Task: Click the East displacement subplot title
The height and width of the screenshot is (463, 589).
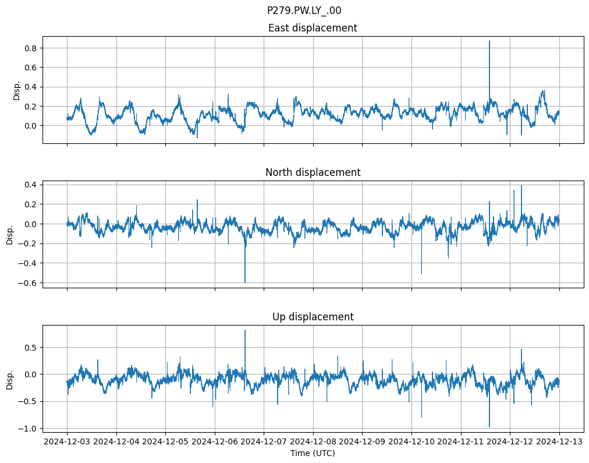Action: coord(313,28)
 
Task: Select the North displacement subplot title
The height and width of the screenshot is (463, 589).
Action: coord(313,172)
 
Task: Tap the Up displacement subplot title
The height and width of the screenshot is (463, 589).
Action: coord(313,317)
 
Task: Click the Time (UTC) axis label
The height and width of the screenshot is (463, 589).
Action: coord(313,453)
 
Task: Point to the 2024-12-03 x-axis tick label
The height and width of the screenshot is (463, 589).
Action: coord(67,442)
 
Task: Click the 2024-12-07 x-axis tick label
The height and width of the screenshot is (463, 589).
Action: coord(264,442)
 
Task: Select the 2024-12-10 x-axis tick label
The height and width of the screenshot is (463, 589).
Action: coord(411,442)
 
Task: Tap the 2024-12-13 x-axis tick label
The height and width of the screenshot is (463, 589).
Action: coord(559,442)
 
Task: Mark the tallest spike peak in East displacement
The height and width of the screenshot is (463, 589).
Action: coord(489,41)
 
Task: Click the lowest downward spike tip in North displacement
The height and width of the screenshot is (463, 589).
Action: coord(245,282)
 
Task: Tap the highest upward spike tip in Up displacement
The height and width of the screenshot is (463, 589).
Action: coord(245,330)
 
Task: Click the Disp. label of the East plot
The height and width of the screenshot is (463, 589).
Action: coord(17,90)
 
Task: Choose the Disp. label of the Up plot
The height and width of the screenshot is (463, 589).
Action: coord(10,379)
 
